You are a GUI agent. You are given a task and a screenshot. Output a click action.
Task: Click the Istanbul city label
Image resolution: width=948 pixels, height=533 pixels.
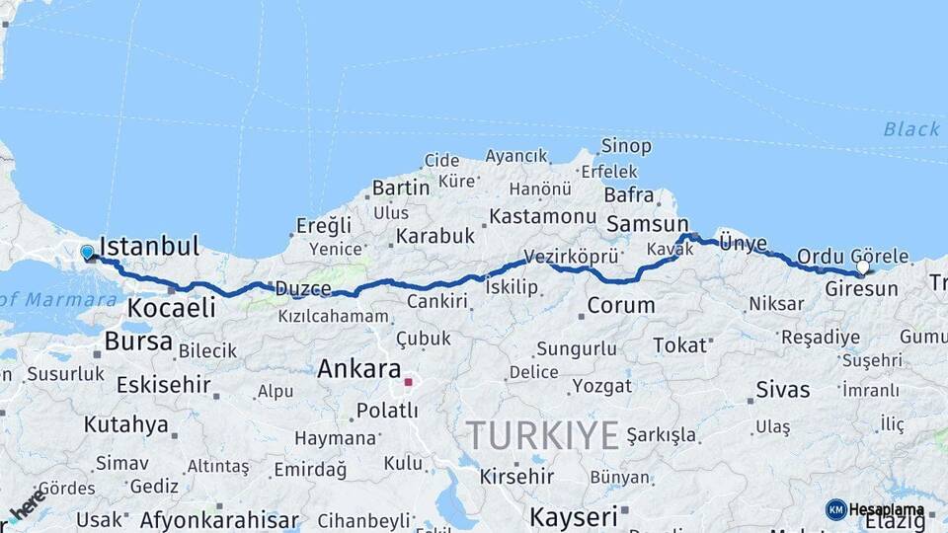(149, 246)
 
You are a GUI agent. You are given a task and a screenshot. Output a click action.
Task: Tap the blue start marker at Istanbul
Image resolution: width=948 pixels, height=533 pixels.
(88, 254)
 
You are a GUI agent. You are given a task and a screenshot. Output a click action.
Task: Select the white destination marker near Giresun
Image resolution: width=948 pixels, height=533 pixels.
(863, 267)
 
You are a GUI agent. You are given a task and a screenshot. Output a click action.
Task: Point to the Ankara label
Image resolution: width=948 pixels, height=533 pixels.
(356, 369)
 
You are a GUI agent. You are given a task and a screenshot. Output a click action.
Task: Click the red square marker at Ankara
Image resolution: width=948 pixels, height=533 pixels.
(408, 381)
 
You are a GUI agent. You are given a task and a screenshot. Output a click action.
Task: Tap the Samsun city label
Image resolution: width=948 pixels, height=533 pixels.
(647, 224)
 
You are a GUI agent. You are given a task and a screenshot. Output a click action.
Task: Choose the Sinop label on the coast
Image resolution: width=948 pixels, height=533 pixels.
(626, 146)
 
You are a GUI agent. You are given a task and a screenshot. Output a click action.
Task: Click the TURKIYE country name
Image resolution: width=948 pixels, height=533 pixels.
(542, 434)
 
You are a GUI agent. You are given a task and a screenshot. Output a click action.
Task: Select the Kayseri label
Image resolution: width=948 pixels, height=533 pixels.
(574, 515)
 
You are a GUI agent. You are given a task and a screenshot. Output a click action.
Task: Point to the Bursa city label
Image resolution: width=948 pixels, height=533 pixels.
(137, 342)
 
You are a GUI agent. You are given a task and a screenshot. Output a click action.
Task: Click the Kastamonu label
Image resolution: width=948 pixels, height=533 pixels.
(543, 215)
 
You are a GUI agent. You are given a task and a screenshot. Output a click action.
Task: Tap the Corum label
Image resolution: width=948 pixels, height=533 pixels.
(621, 305)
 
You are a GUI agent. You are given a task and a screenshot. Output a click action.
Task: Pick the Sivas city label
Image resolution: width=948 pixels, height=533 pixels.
(782, 389)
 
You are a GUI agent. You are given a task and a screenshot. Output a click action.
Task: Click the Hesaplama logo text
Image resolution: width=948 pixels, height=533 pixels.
(887, 510)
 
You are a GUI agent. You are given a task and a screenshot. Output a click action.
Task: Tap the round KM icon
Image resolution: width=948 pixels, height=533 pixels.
(836, 509)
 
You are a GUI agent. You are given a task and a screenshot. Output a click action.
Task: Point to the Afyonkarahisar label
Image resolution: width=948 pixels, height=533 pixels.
(219, 519)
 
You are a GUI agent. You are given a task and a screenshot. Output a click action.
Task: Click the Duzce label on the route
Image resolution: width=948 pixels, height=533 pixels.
(303, 288)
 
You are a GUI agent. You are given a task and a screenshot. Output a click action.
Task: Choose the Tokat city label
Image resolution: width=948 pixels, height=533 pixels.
(680, 344)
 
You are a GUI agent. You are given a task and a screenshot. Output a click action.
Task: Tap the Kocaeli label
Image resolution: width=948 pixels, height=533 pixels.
(171, 308)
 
